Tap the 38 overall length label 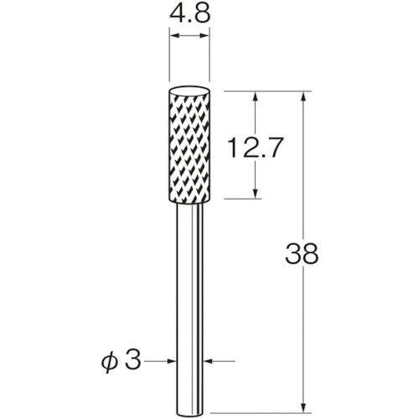pyautogui.click(x=302, y=254)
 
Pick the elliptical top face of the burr pyautogui.click(x=189, y=92)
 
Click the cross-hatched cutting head pyautogui.click(x=189, y=145)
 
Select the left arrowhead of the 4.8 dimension pyautogui.click(x=174, y=35)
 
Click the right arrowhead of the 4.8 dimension pyautogui.click(x=204, y=35)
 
